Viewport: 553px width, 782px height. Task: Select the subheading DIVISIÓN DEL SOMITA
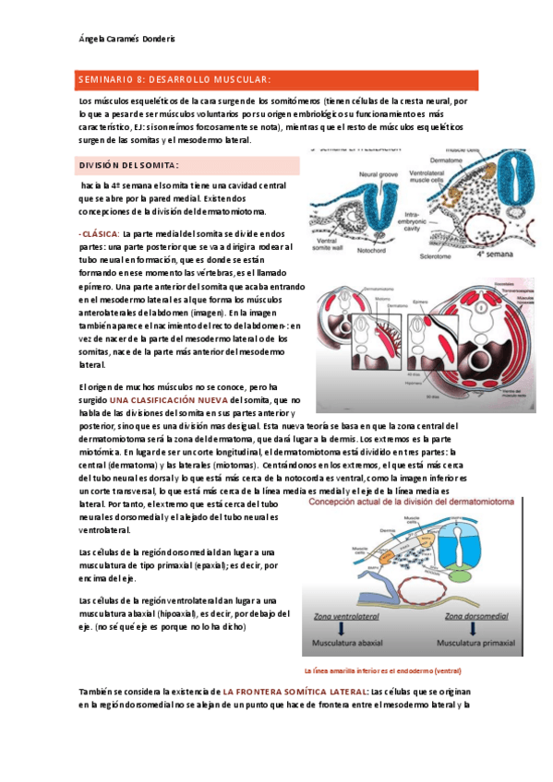(x=126, y=165)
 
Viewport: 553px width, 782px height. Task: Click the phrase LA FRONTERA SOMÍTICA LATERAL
(x=294, y=691)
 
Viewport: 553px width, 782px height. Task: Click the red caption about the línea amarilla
(x=383, y=670)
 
